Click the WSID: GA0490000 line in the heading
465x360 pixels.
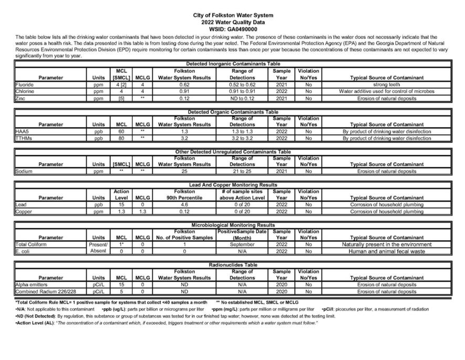233,30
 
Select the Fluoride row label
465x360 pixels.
25,84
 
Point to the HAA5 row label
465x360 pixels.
22,131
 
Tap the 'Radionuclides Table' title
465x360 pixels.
233,265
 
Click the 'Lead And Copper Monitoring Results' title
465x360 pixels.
233,185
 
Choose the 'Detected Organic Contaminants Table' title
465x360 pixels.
233,112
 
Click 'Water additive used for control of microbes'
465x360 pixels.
386,91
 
